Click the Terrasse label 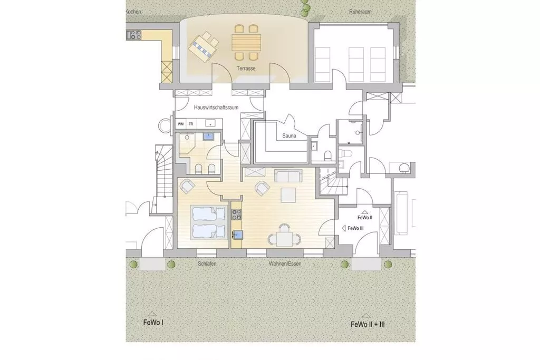point(246,69)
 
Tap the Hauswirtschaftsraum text point(216,108)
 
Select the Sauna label point(289,135)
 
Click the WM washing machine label point(180,124)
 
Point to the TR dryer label point(191,124)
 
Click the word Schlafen point(207,264)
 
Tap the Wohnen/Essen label point(285,264)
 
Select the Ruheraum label point(360,12)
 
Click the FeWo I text point(153,323)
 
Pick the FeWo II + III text point(368,324)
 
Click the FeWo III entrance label point(355,228)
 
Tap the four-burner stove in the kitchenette point(236,215)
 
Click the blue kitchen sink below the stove point(237,235)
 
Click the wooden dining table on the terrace point(246,42)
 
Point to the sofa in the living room point(288,176)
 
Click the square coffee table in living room point(288,195)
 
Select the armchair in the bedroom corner point(188,186)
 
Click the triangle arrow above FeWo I point(151,314)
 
